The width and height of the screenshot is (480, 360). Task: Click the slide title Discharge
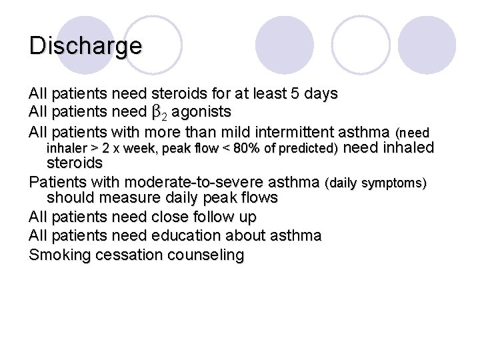(85, 46)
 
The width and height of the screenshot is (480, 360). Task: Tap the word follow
(218, 217)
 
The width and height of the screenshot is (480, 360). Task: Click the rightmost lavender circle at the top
(427, 45)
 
